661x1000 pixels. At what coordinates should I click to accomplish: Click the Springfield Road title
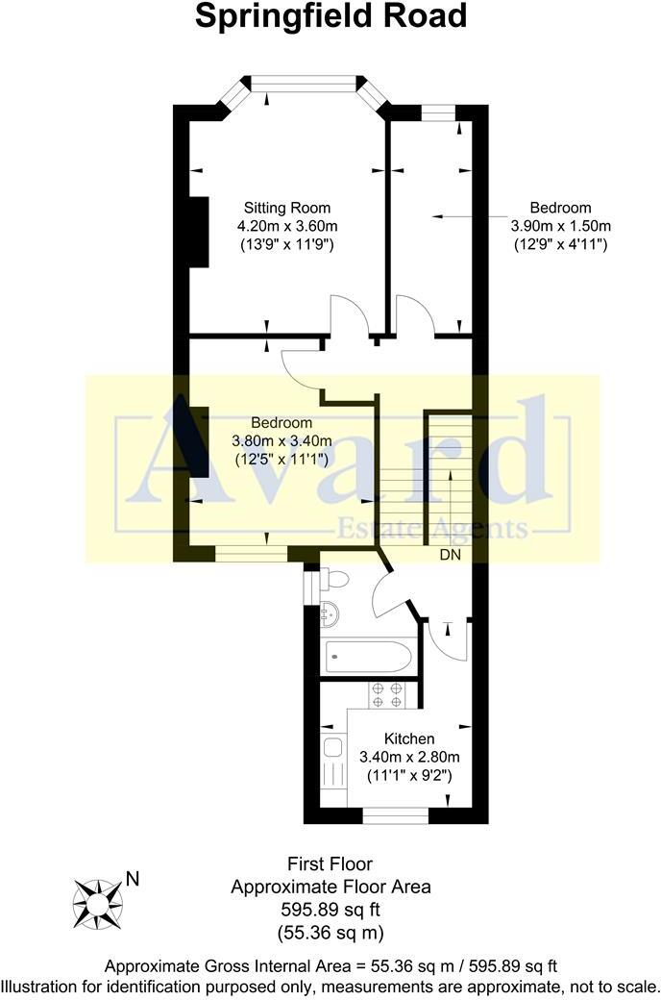click(331, 16)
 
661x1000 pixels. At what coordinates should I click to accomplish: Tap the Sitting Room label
click(287, 208)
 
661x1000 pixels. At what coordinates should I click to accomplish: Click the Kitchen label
click(409, 738)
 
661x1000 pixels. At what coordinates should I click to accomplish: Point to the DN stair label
click(451, 556)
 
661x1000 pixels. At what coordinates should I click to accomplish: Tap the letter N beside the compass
click(134, 878)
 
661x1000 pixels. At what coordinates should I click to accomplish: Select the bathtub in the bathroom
click(369, 659)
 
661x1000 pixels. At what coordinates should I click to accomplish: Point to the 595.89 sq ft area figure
click(330, 909)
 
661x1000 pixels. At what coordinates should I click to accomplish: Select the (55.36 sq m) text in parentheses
click(330, 931)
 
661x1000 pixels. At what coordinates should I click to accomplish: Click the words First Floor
click(330, 864)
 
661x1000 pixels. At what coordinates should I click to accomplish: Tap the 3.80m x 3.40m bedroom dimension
click(282, 441)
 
